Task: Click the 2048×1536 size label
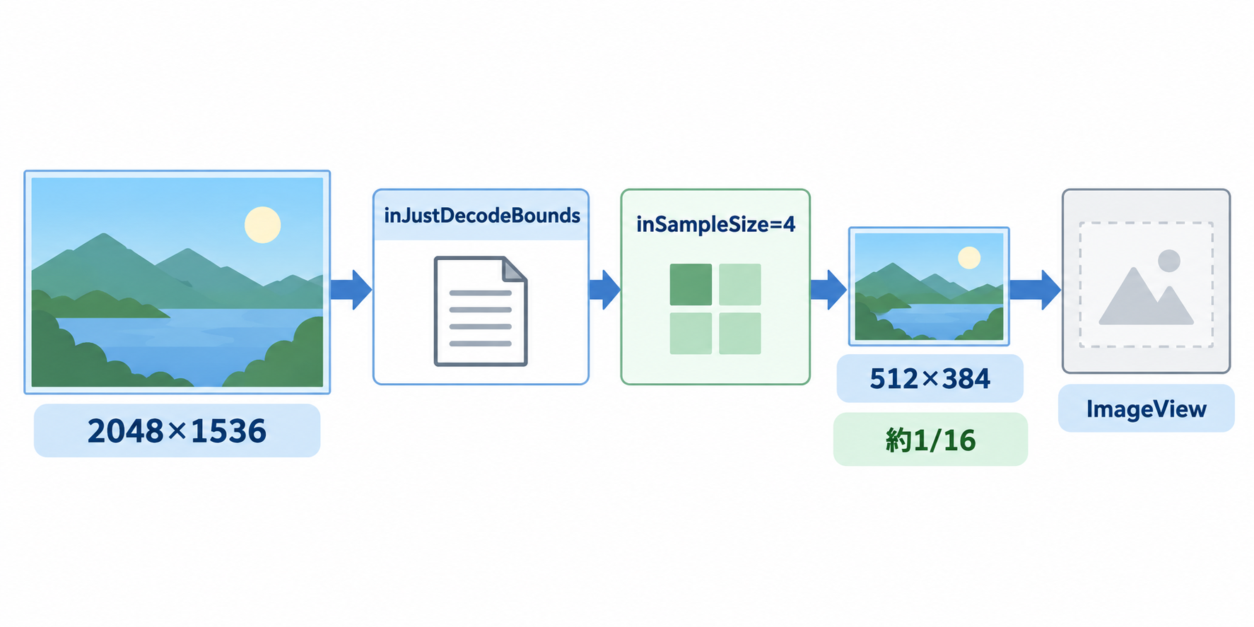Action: tap(177, 430)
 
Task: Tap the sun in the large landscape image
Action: tap(262, 225)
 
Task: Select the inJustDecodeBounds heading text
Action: tap(482, 216)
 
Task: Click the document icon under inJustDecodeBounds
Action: tap(481, 311)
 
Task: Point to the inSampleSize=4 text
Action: tap(715, 225)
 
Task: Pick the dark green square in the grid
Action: tap(691, 284)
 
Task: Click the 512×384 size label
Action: tap(930, 379)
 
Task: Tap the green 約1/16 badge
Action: tap(930, 440)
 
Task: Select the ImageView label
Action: tap(1147, 409)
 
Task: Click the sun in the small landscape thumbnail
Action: tap(969, 257)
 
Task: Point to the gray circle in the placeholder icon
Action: tap(1169, 261)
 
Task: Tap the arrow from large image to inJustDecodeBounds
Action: tap(351, 290)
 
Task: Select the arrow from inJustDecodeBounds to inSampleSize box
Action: tap(605, 290)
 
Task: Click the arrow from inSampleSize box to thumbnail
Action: tap(828, 290)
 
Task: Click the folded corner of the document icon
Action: tap(514, 269)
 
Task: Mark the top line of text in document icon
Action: tap(481, 293)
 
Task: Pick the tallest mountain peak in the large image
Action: tap(104, 235)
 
